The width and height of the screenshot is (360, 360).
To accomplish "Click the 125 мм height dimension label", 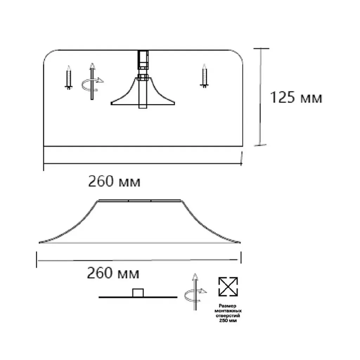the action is tap(296, 97).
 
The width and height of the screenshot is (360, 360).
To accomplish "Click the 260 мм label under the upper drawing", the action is tap(114, 181).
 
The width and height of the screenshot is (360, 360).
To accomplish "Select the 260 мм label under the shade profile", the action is tap(113, 273).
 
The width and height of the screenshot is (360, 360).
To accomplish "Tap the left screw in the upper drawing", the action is tap(69, 78).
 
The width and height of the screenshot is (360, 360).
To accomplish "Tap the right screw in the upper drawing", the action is tap(204, 76).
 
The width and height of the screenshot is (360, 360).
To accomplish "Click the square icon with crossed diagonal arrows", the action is tap(228, 287).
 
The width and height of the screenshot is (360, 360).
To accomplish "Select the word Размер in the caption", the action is tap(227, 306).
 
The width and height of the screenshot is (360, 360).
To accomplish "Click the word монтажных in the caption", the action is tap(228, 311).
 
